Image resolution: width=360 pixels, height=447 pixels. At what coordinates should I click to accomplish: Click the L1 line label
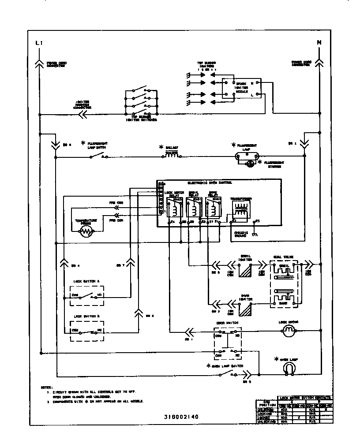pos(38,43)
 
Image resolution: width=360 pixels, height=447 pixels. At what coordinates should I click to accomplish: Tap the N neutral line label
pos(319,43)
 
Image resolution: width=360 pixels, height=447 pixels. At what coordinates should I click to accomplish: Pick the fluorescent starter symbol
pos(249,164)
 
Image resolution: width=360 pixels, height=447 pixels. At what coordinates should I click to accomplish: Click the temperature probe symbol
pos(86,231)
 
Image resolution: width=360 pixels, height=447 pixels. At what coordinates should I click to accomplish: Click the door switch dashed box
pos(228,343)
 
